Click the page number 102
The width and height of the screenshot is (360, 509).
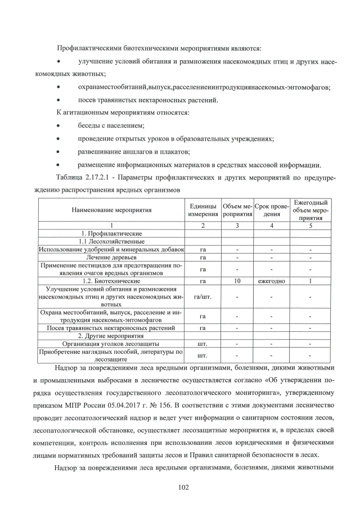[x=180, y=487]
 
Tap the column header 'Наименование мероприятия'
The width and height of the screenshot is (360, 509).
[x=111, y=210]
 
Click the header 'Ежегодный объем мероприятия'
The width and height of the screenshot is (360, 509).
[x=310, y=210]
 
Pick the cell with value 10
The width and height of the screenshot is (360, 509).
[x=237, y=280]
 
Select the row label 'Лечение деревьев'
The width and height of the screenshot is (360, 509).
[x=111, y=256]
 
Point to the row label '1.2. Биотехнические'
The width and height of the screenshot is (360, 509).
[x=111, y=280]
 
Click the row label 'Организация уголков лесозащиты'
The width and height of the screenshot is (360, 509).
[x=111, y=343]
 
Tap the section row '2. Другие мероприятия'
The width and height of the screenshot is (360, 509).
[x=111, y=335]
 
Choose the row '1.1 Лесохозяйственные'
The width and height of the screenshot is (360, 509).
[x=111, y=241]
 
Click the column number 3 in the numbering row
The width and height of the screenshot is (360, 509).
[x=237, y=225]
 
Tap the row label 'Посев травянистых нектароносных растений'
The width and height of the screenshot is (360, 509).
[x=111, y=327]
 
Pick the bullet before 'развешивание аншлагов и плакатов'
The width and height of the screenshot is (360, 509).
[x=58, y=151]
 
